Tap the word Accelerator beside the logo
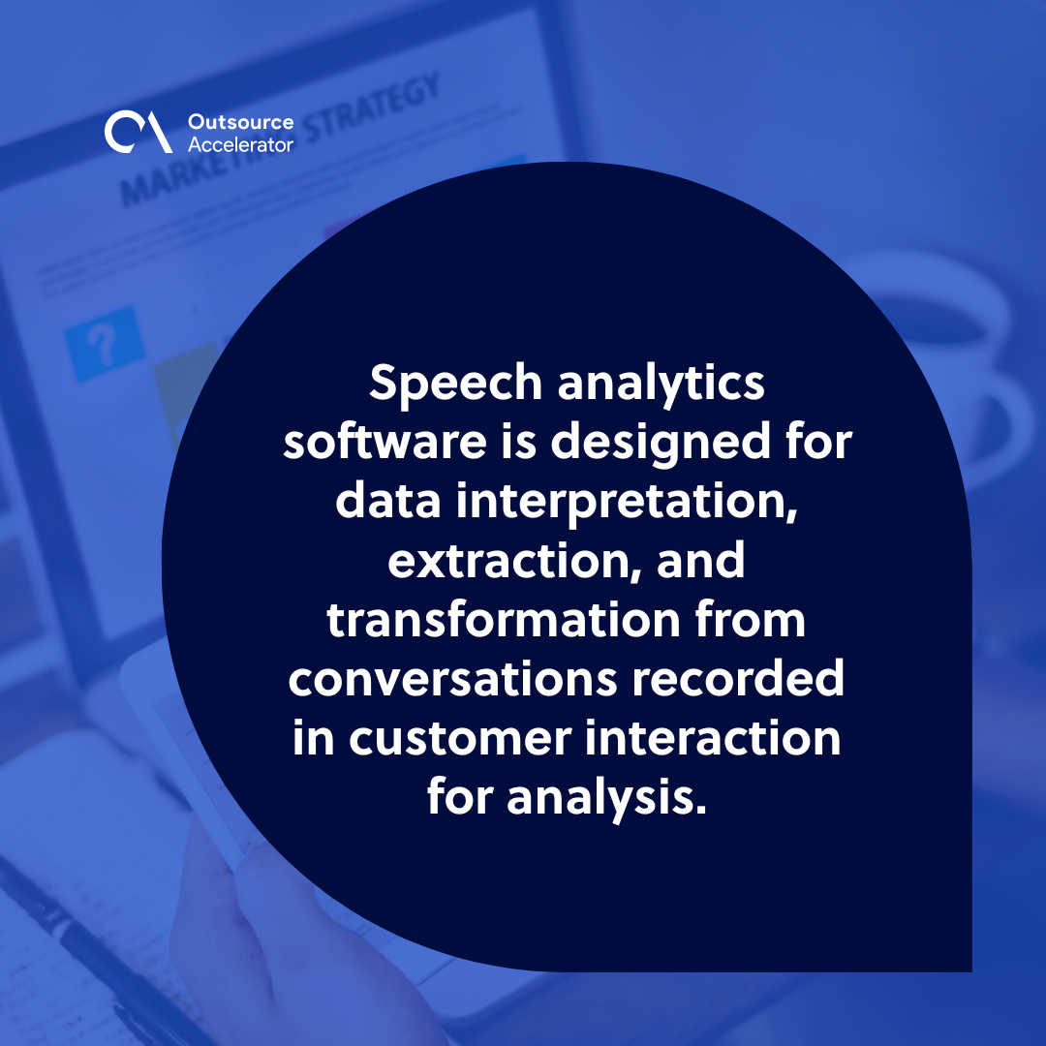pos(239,143)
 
